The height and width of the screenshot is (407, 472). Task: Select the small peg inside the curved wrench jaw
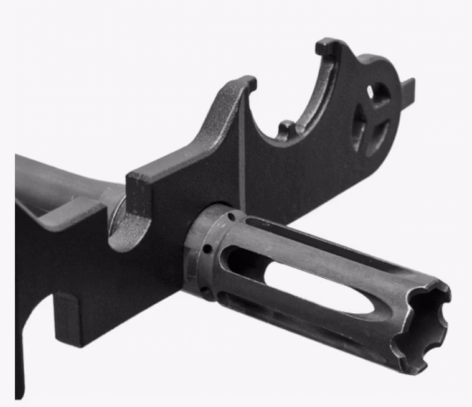[x=285, y=129]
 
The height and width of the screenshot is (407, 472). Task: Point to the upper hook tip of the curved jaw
[x=324, y=46]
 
